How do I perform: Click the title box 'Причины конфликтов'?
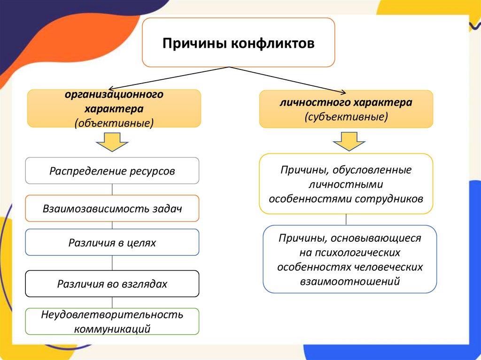(x=239, y=43)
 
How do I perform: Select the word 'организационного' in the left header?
(x=114, y=95)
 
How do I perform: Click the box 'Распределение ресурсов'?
(x=112, y=171)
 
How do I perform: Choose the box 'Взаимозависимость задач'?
(x=112, y=208)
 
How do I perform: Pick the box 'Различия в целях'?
(x=112, y=243)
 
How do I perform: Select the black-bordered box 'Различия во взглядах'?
(x=112, y=283)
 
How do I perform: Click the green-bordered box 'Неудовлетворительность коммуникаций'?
(x=112, y=321)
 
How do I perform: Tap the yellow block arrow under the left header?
(x=112, y=142)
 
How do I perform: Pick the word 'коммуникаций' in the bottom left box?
(x=112, y=329)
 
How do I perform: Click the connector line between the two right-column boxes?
(x=346, y=220)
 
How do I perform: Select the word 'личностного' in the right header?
(x=308, y=102)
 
